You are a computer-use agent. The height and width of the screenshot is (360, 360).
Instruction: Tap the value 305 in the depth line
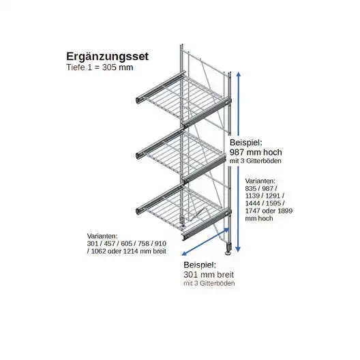click(x=109, y=67)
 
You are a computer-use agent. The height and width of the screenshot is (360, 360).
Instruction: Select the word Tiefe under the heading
click(x=76, y=67)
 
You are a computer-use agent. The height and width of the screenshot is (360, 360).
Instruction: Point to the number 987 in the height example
click(x=237, y=152)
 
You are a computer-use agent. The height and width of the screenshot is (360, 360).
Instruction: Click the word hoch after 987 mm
click(x=273, y=152)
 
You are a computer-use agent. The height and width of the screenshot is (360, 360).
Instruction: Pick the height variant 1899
click(x=285, y=211)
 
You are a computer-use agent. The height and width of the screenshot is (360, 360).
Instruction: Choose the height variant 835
click(x=251, y=188)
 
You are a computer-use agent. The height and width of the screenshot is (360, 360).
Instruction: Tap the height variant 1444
click(x=252, y=203)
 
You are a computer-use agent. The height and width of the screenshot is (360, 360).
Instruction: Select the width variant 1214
click(x=131, y=251)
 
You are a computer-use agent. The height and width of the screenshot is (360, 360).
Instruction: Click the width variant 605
click(x=127, y=243)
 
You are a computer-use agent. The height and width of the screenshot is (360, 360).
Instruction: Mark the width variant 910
click(x=160, y=243)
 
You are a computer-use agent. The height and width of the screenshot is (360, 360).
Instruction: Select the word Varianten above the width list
click(x=102, y=236)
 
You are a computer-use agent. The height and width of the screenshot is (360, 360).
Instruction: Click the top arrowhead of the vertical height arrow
click(x=239, y=74)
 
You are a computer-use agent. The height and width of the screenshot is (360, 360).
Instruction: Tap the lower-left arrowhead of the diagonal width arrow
click(x=184, y=254)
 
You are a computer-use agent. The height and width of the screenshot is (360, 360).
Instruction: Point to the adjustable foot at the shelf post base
click(x=228, y=250)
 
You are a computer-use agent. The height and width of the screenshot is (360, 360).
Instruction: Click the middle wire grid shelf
click(x=181, y=155)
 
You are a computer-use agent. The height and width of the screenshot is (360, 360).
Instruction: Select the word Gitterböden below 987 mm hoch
click(x=264, y=161)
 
